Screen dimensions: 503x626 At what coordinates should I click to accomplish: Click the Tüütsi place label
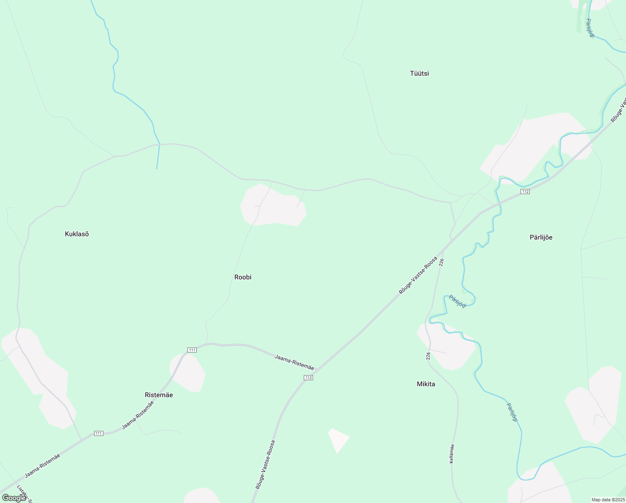pyautogui.click(x=419, y=73)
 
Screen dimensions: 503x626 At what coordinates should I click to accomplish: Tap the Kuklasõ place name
pyautogui.click(x=77, y=234)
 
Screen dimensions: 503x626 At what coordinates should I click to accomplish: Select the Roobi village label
pyautogui.click(x=243, y=277)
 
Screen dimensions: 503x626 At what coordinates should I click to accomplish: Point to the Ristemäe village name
pyautogui.click(x=159, y=395)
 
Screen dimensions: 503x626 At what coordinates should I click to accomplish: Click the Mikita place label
pyautogui.click(x=426, y=384)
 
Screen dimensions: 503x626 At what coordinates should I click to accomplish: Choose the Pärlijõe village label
pyautogui.click(x=541, y=237)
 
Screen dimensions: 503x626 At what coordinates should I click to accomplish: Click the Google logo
pyautogui.click(x=14, y=498)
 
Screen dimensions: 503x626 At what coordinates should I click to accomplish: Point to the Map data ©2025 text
pyautogui.click(x=608, y=500)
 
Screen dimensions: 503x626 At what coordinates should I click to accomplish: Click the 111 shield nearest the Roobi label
pyautogui.click(x=192, y=350)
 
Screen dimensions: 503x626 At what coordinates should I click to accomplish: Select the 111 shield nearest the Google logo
pyautogui.click(x=98, y=433)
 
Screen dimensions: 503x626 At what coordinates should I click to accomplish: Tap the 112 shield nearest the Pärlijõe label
pyautogui.click(x=525, y=192)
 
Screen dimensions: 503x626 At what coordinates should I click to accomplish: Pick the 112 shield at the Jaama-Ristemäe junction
pyautogui.click(x=308, y=378)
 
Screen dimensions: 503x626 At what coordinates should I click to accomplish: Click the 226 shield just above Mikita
pyautogui.click(x=428, y=356)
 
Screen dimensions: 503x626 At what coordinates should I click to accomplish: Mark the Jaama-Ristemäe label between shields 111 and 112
pyautogui.click(x=294, y=362)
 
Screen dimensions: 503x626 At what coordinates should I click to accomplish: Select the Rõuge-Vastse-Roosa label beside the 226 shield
pyautogui.click(x=418, y=275)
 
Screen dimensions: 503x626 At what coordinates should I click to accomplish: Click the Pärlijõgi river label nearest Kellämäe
pyautogui.click(x=513, y=412)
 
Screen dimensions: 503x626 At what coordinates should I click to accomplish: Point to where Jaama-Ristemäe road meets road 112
pyautogui.click(x=317, y=371)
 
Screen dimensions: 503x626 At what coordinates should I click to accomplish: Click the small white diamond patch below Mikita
pyautogui.click(x=338, y=439)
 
